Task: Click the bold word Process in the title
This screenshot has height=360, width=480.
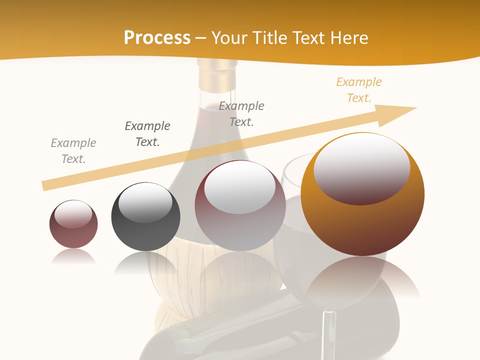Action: pyautogui.click(x=157, y=37)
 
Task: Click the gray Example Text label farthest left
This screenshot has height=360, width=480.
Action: pyautogui.click(x=73, y=151)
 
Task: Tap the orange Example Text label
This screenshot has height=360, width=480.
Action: pyautogui.click(x=359, y=90)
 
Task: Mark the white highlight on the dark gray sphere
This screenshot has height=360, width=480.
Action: pyautogui.click(x=145, y=202)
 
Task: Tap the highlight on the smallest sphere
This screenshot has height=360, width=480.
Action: pyautogui.click(x=73, y=214)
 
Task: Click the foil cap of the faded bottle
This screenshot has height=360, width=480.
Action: pyautogui.click(x=217, y=75)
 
